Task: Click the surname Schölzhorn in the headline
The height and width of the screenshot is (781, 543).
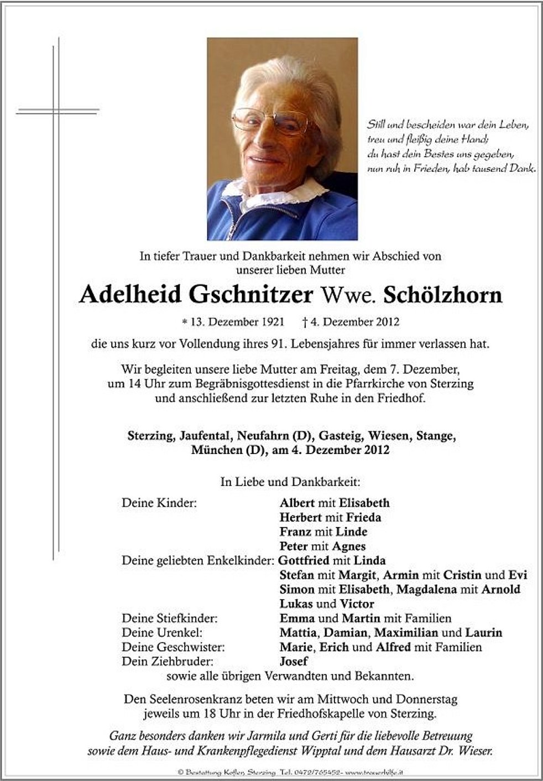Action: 442,295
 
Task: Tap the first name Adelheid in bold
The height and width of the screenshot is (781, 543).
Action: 130,295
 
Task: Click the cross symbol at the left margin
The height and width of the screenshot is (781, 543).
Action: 56,111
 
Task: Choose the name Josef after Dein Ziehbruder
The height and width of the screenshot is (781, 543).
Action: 294,662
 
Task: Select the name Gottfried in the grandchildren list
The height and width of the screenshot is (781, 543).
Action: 304,560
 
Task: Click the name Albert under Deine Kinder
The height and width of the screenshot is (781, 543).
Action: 297,503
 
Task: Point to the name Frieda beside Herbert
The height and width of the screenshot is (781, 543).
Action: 363,518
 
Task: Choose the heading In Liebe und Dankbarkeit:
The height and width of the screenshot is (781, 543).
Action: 290,482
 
